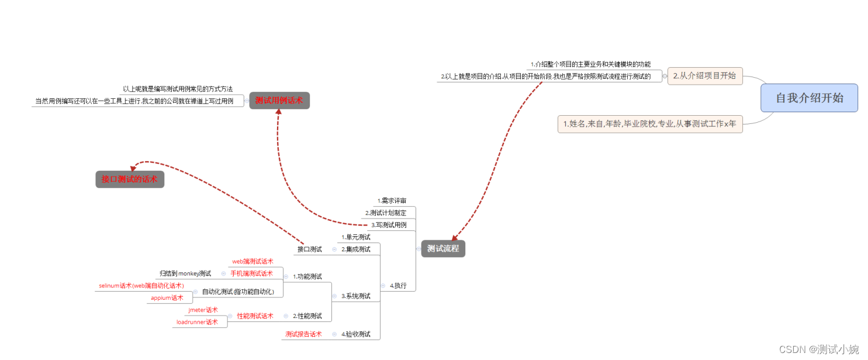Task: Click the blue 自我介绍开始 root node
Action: tap(809, 98)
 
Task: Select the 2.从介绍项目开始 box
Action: tap(705, 75)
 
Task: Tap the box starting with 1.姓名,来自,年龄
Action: tap(650, 124)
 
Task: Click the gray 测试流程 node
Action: tap(443, 248)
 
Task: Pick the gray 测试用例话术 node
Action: tap(279, 101)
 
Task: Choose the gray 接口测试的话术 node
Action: tap(130, 179)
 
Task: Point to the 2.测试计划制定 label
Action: tap(386, 213)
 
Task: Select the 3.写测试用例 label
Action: tap(389, 225)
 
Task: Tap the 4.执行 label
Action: tap(399, 286)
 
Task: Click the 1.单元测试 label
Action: tap(356, 237)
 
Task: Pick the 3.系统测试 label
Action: tap(356, 296)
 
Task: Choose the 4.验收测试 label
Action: tap(356, 334)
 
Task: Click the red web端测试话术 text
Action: tap(253, 261)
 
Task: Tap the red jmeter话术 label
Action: tap(203, 310)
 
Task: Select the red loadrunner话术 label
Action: tap(197, 322)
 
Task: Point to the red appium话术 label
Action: tap(167, 298)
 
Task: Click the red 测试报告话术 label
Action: tap(303, 334)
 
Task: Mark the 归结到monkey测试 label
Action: tap(185, 274)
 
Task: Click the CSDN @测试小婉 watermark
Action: tap(819, 349)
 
